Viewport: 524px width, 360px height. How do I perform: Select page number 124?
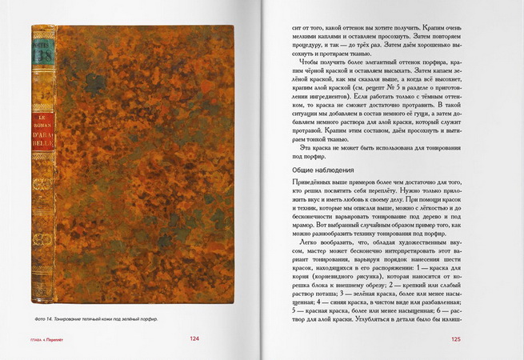(x=195, y=338)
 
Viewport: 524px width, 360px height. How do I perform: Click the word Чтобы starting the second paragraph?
(x=309, y=61)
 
